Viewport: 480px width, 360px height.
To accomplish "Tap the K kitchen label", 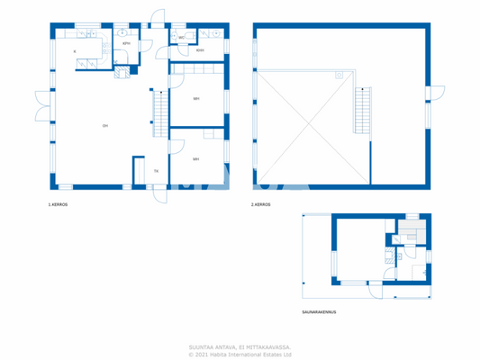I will pyautogui.click(x=74, y=52).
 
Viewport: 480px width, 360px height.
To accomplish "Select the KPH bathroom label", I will pyautogui.click(x=127, y=43).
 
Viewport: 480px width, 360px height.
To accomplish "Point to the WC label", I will pyautogui.click(x=181, y=38).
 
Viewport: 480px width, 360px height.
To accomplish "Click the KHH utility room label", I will pyautogui.click(x=200, y=50).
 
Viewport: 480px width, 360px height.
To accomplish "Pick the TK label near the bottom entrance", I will pyautogui.click(x=156, y=170).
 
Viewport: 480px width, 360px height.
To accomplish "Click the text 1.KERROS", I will pyautogui.click(x=59, y=205).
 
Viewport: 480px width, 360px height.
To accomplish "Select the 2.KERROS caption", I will pyautogui.click(x=261, y=205).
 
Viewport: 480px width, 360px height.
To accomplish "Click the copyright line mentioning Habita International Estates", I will pyautogui.click(x=240, y=354).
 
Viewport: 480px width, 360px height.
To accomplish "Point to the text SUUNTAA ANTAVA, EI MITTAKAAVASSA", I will pyautogui.click(x=240, y=346).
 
